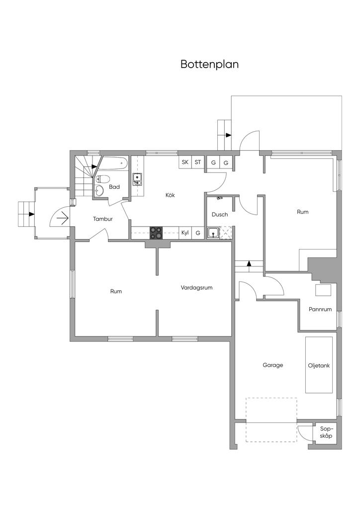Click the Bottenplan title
[209, 65]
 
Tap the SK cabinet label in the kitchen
[185, 162]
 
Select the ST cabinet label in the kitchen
[198, 162]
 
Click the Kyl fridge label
[185, 233]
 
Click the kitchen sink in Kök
[138, 179]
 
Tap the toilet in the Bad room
[103, 179]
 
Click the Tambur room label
[102, 219]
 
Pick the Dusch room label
[219, 215]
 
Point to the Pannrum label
[320, 309]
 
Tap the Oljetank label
[319, 365]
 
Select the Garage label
[272, 365]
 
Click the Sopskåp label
[326, 432]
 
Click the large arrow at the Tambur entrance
[63, 218]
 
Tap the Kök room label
[170, 195]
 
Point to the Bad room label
[114, 187]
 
